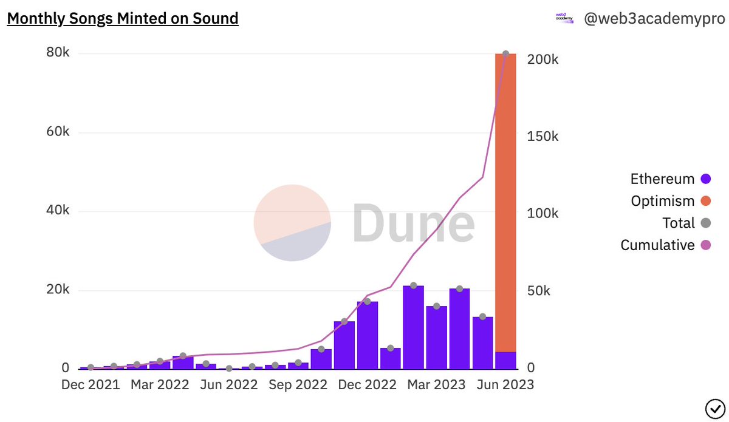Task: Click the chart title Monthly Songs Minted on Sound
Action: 122,19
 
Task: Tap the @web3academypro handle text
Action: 654,19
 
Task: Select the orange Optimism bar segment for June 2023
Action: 505,200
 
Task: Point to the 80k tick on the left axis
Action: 58,53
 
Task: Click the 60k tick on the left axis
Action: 58,132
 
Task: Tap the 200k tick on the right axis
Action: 542,60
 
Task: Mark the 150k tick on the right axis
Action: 542,137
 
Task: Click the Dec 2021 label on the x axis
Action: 91,385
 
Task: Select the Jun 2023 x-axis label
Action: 504,385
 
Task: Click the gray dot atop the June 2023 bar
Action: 505,54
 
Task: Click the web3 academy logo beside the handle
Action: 564,19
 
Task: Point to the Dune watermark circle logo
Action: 292,223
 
